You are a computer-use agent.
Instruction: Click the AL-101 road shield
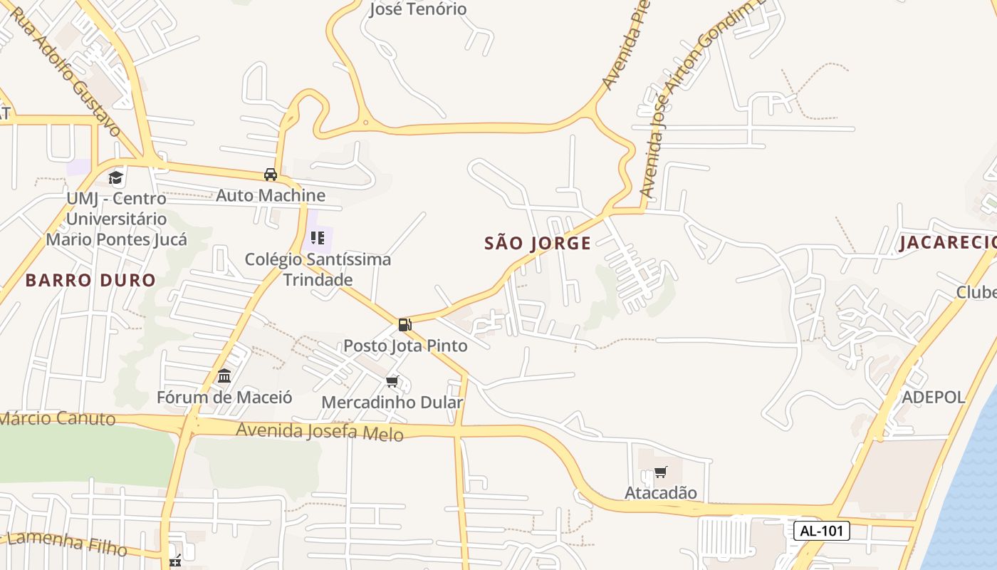[821, 531]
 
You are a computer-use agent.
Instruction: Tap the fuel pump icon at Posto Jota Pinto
[404, 325]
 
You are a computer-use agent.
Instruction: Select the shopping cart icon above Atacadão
[661, 472]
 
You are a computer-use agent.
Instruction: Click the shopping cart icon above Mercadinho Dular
[392, 382]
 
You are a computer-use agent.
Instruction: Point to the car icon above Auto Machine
[271, 175]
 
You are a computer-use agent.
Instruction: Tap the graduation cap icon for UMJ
[116, 178]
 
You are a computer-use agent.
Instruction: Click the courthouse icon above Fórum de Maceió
[224, 376]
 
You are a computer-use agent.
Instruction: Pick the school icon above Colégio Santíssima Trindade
[318, 238]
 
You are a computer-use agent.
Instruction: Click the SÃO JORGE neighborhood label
[538, 244]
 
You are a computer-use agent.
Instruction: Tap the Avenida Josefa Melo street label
[320, 431]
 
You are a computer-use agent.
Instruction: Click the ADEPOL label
[933, 398]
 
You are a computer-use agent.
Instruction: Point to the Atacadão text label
[661, 493]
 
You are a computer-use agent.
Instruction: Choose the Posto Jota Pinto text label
[405, 346]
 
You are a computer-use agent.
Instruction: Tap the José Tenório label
[418, 9]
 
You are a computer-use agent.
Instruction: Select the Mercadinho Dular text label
[392, 403]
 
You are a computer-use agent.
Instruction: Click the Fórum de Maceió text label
[224, 398]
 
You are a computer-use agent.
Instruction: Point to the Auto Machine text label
[271, 195]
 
